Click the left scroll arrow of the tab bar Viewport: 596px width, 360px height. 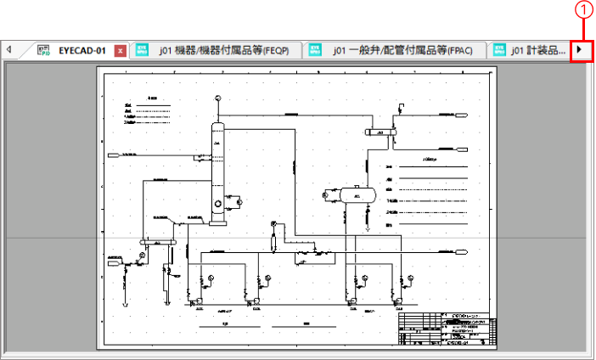[8, 50]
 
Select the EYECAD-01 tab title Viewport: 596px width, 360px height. [82, 50]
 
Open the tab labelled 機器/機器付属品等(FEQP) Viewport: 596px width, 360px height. [224, 51]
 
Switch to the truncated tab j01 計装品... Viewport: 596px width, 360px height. [538, 51]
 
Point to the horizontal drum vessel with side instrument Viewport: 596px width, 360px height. [357, 194]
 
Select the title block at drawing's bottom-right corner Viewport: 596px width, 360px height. [448, 329]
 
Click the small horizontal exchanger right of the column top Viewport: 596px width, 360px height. [382, 132]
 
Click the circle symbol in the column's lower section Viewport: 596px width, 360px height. [219, 203]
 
